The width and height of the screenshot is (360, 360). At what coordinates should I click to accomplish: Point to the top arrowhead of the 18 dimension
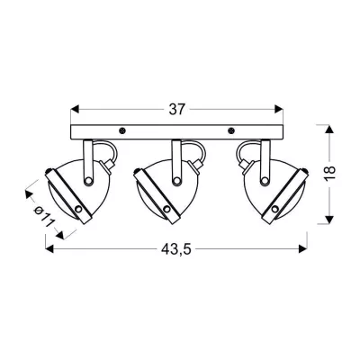[x=336, y=125]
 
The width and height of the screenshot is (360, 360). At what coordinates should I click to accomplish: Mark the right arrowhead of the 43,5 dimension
[x=303, y=247]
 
